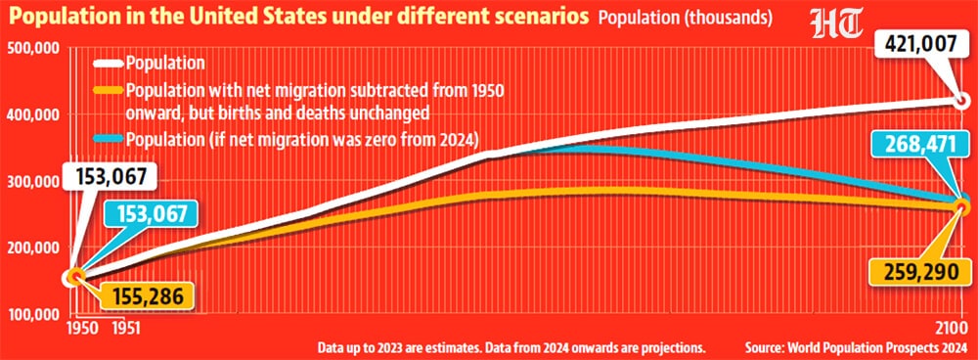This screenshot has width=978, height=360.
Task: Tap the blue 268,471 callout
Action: point(920,146)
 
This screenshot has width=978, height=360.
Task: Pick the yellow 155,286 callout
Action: point(148,296)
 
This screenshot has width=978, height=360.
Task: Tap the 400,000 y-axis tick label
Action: point(33,114)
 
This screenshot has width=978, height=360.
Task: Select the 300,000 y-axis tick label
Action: point(33,182)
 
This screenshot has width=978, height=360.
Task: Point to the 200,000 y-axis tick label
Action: point(33,247)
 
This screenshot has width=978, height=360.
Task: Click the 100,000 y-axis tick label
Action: point(33,314)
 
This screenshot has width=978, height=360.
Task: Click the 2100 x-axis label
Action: point(951,328)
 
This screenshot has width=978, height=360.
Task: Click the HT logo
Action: point(836,23)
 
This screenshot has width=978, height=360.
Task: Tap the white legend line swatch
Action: point(108,63)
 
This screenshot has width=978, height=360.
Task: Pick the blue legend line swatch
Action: point(108,140)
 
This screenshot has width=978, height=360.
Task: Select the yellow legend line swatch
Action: point(108,91)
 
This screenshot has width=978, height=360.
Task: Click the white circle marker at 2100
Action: point(961,100)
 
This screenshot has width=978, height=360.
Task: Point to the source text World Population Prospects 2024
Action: point(875,347)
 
